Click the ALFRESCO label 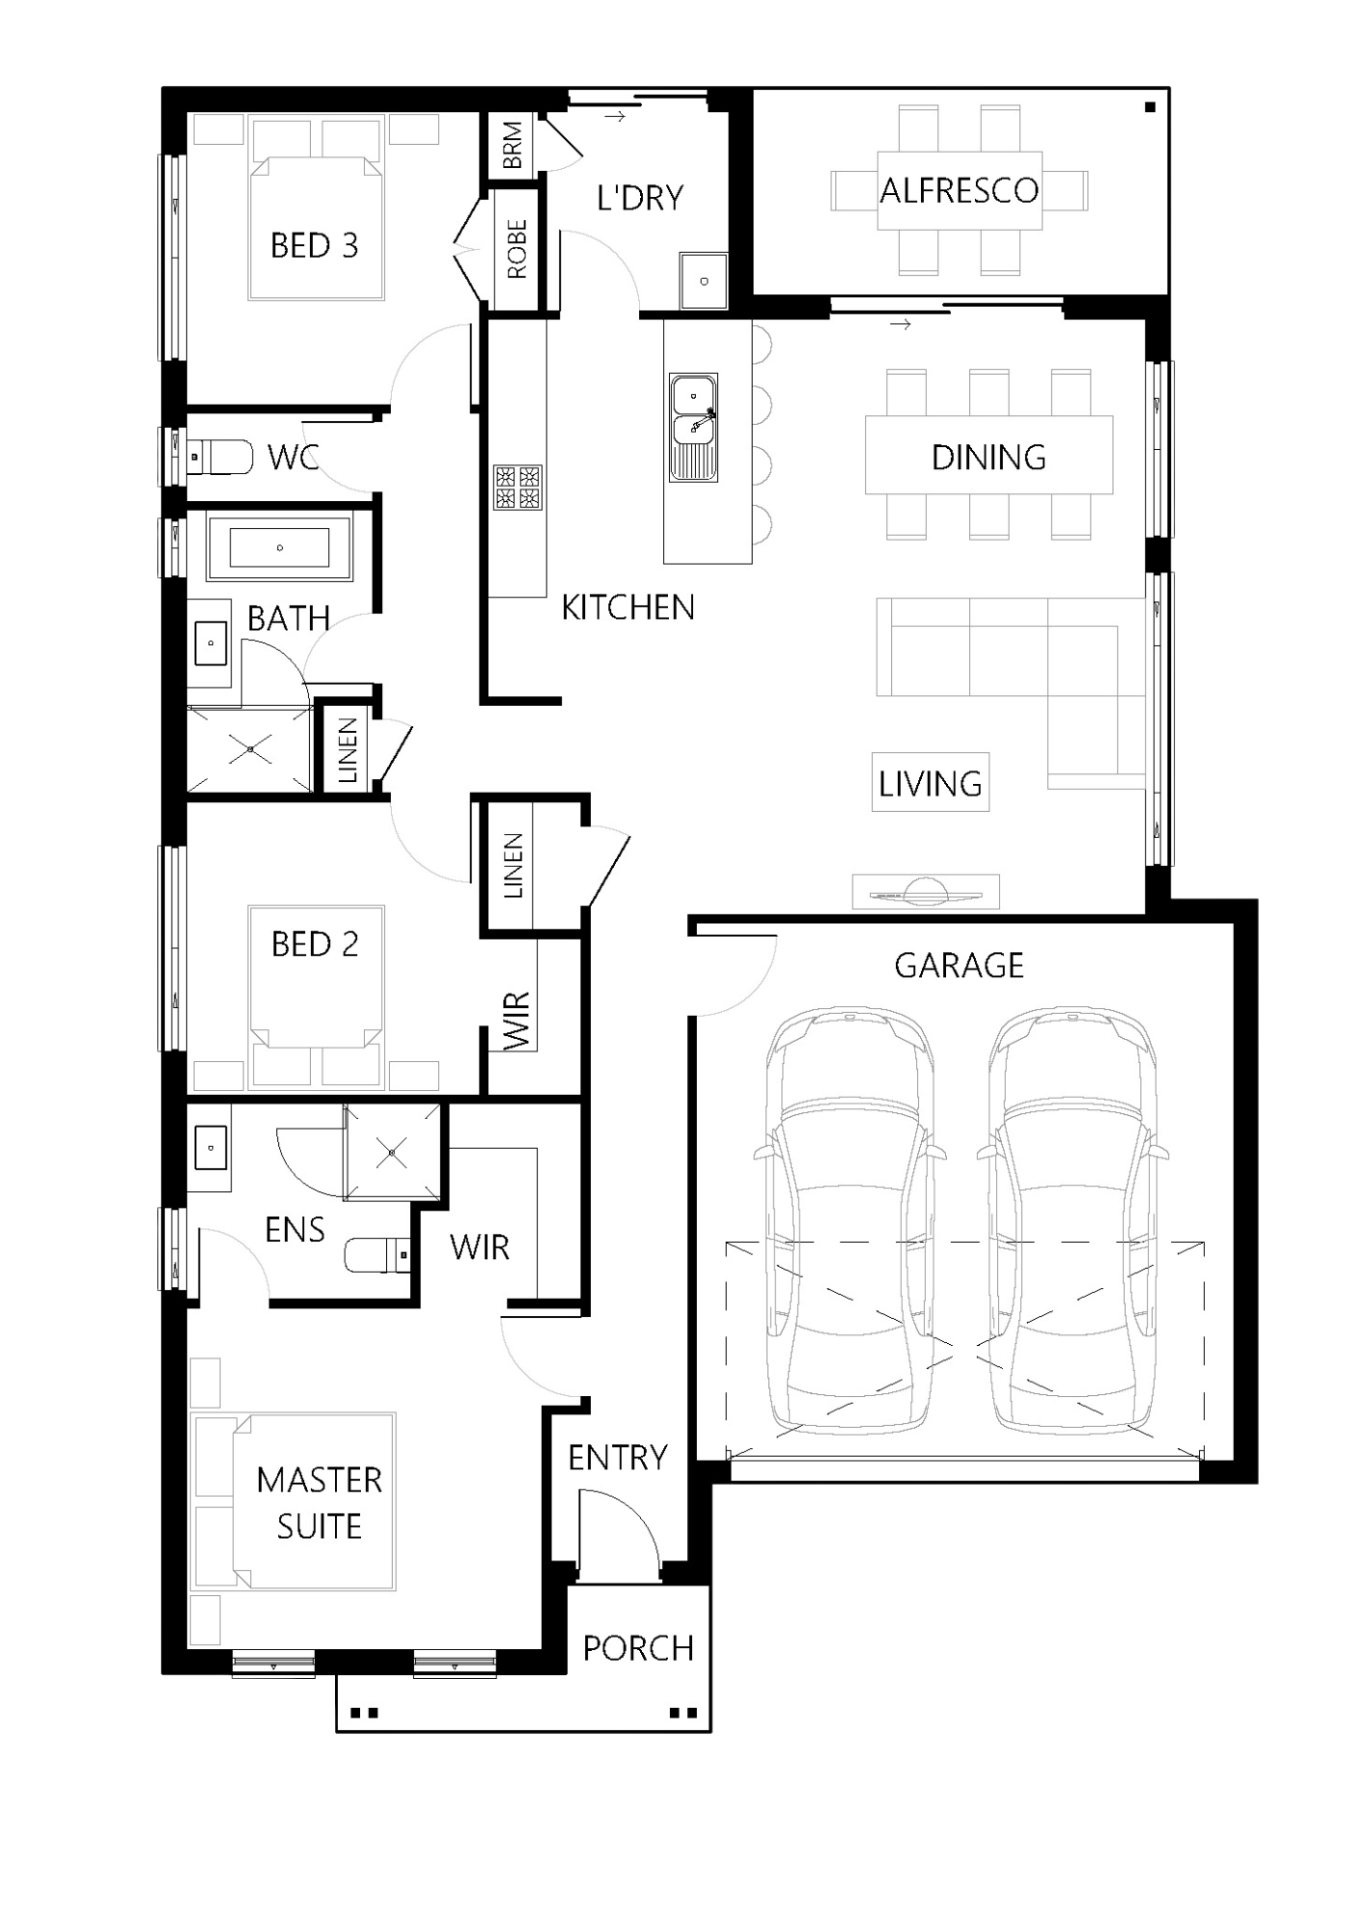click(x=959, y=190)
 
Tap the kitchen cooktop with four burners click(x=517, y=487)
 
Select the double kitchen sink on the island click(x=693, y=428)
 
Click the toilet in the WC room click(x=220, y=456)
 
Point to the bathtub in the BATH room click(x=279, y=547)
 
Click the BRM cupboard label click(x=513, y=145)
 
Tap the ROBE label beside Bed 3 click(x=516, y=249)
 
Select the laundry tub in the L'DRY click(x=703, y=281)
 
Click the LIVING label click(x=930, y=783)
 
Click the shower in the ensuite click(x=392, y=1152)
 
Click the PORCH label click(x=638, y=1648)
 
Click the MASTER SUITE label click(x=319, y=1502)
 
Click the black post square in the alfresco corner click(x=1150, y=107)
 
